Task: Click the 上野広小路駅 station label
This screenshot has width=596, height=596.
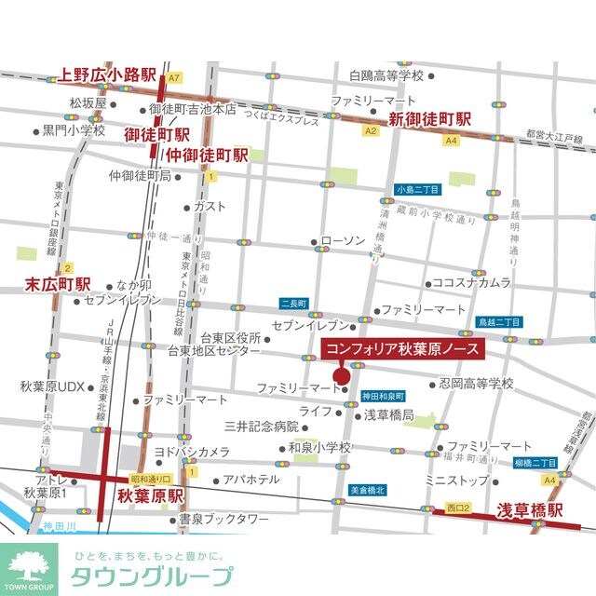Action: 108,75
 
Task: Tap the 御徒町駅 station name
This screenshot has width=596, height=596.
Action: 157,134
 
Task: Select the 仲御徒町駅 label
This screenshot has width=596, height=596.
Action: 207,154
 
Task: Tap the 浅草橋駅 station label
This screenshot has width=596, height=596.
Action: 530,510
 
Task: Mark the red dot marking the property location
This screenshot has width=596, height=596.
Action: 341,376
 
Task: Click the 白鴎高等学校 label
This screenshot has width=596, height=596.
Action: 386,75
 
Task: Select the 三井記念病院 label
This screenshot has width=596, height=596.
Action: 262,426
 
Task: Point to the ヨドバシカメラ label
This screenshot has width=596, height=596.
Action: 192,452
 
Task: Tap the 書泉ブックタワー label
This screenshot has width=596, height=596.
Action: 223,518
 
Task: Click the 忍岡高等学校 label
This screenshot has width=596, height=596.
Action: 476,383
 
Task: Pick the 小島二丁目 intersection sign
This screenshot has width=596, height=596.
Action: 416,188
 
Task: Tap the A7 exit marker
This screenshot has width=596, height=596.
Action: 174,78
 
